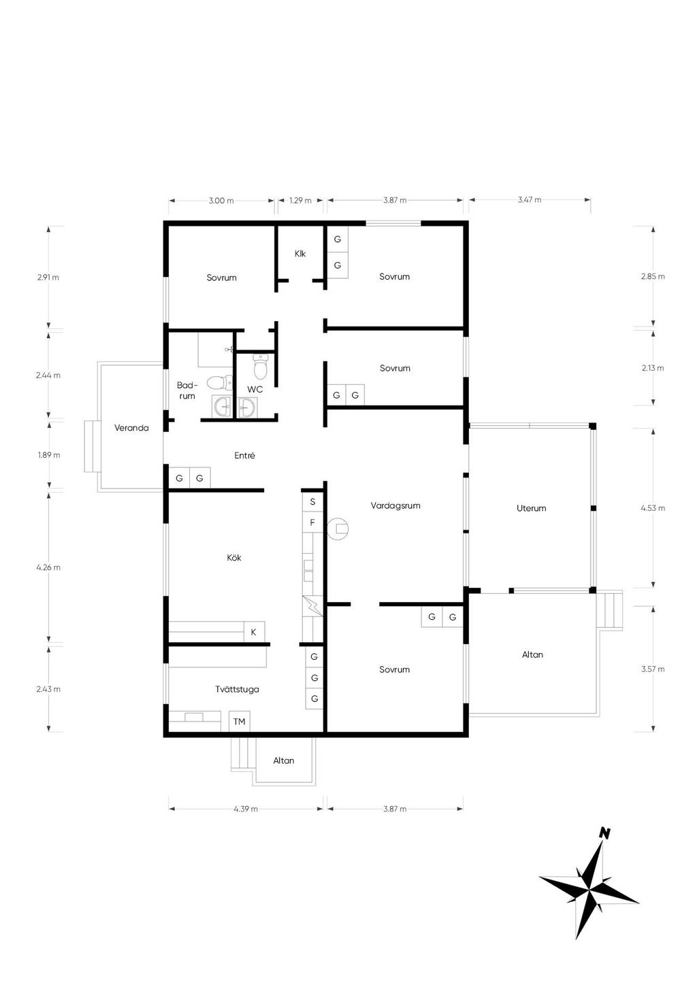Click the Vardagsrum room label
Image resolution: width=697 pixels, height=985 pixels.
pos(395,505)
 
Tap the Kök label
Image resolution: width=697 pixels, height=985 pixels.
pos(234,558)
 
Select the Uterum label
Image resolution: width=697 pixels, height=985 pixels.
pos(531,508)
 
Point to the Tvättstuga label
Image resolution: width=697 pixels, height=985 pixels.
pos(237,689)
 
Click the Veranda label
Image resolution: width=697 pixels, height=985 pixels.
pos(131,427)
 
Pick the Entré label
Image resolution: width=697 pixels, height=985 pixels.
pos(244,456)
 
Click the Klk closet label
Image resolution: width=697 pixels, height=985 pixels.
pos(300,254)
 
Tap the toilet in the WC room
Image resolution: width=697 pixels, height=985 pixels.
pos(261,367)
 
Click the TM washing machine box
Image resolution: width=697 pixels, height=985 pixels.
pos(240,721)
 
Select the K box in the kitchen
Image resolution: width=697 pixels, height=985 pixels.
pos(254,632)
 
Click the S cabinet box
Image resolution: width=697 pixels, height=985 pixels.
pos(313,502)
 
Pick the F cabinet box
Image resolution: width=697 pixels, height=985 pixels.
pos(313,522)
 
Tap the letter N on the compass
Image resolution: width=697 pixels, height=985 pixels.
pos(605,832)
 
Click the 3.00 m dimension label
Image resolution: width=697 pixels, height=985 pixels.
pos(221,201)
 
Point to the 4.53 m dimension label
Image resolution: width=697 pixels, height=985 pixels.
pos(653,508)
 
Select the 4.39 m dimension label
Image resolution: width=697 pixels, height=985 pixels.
pos(246,809)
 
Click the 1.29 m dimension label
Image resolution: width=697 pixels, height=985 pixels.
pos(300,201)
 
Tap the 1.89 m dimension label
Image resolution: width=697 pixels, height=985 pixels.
pos(49,455)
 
